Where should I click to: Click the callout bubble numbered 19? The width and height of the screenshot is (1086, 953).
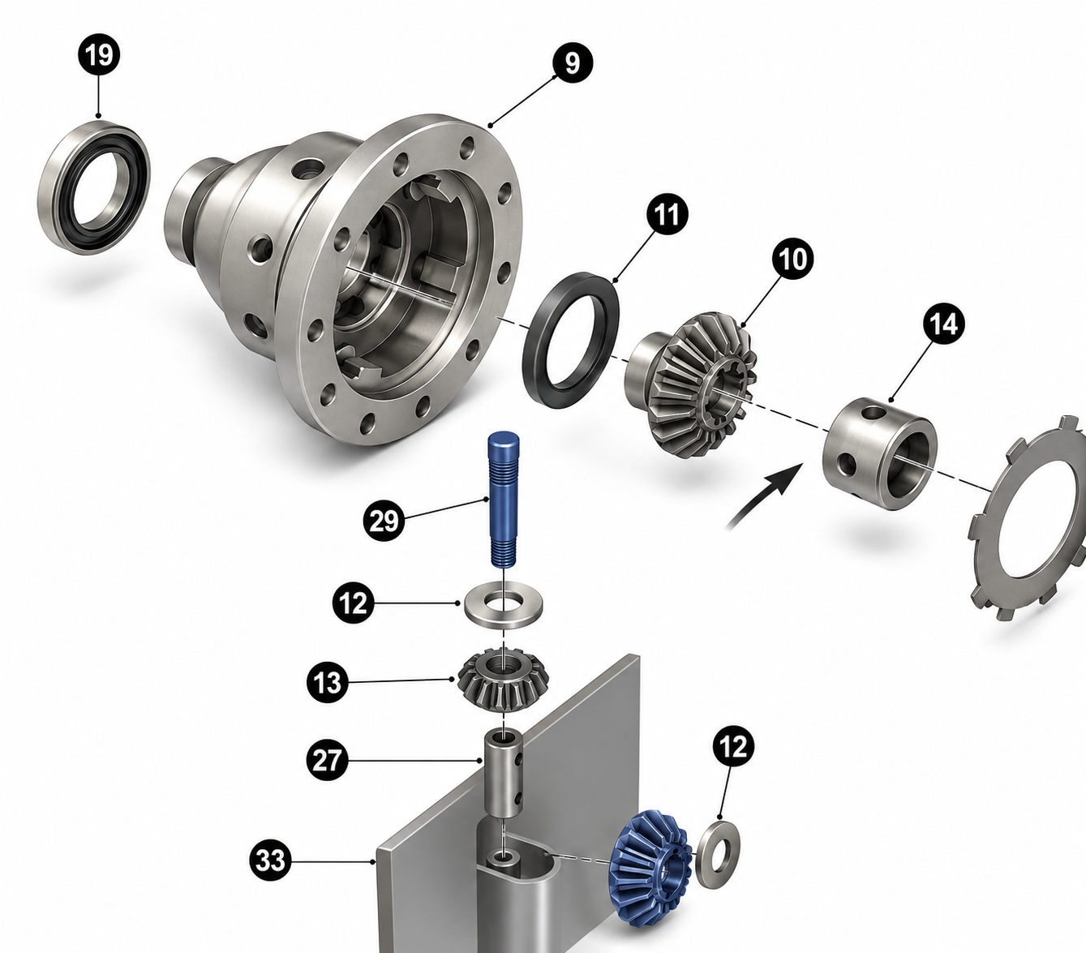(x=99, y=54)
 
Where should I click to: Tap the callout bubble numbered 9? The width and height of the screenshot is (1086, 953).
(x=573, y=63)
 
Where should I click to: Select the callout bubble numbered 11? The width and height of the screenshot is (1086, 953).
(x=667, y=215)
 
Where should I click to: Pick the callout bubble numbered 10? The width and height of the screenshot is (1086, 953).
(x=792, y=260)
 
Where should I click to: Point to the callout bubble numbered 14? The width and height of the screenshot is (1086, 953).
(x=943, y=324)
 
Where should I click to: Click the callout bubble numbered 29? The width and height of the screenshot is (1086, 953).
(x=384, y=521)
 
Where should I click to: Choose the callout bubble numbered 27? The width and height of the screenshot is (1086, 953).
(x=327, y=760)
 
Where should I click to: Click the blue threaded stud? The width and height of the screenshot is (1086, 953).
(x=503, y=499)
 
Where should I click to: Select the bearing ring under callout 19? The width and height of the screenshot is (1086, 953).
(x=94, y=187)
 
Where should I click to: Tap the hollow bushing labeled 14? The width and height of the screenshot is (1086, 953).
(x=880, y=453)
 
